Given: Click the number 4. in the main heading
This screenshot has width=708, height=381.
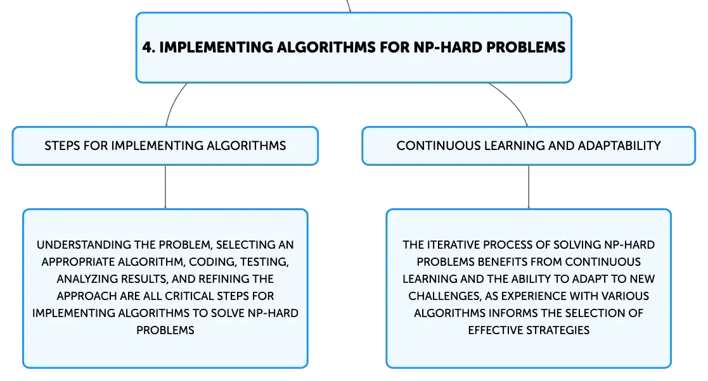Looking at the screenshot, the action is (x=149, y=47).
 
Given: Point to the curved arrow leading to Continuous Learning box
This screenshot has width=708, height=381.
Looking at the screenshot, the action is (x=513, y=101).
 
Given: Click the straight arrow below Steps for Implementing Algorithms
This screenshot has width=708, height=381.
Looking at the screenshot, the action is (x=165, y=187).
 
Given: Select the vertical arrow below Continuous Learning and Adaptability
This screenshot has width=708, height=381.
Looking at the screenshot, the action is (x=528, y=187).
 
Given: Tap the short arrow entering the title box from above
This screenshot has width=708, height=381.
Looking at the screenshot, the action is (x=348, y=6).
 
